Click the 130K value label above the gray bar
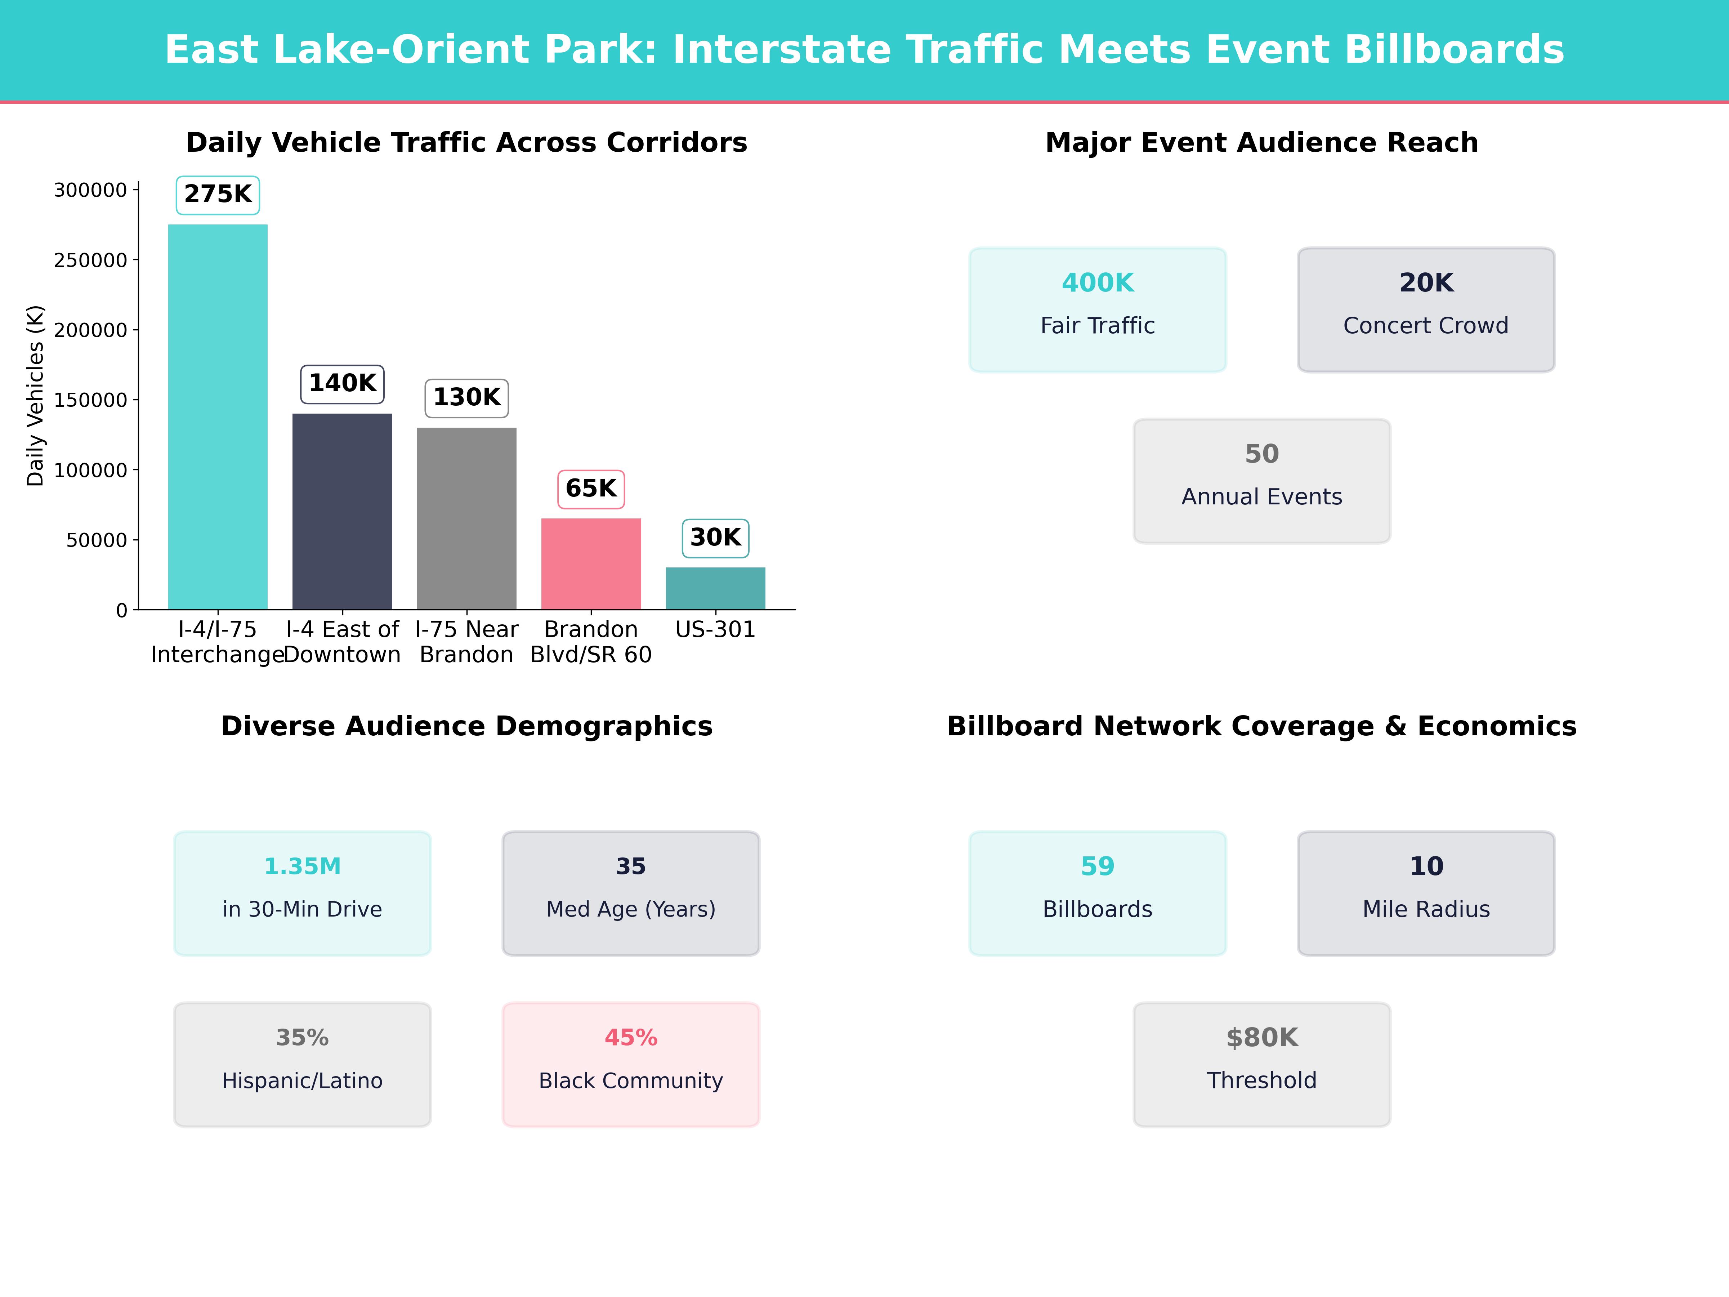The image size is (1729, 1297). pos(466,398)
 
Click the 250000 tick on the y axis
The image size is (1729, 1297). pos(90,260)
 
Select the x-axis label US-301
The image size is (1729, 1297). pos(715,629)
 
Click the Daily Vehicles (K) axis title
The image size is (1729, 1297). pos(35,396)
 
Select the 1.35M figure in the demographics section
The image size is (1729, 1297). pos(303,866)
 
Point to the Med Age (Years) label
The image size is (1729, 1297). pos(631,909)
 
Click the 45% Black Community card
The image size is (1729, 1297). pos(631,1064)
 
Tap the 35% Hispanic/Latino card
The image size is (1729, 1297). pos(303,1064)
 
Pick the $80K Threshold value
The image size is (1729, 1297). pos(1261,1038)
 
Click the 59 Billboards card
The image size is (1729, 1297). pos(1098,893)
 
